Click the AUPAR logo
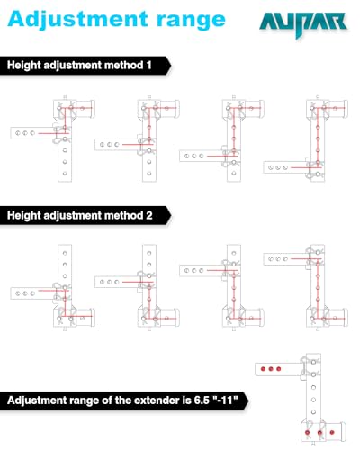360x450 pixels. click(303, 24)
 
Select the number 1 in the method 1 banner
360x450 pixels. click(149, 66)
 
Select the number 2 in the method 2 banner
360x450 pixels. click(149, 215)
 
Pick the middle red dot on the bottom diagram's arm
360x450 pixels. click(271, 369)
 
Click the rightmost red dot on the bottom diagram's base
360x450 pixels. click(332, 432)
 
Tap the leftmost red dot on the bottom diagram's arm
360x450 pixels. click(263, 369)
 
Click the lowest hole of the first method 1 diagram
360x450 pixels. click(65, 174)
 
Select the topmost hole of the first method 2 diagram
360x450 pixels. click(65, 253)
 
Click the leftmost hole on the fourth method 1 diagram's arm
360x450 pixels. click(270, 167)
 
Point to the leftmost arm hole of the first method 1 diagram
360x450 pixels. click(18, 133)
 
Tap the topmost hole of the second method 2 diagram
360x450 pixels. click(149, 253)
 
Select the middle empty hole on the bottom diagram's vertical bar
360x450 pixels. click(313, 400)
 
